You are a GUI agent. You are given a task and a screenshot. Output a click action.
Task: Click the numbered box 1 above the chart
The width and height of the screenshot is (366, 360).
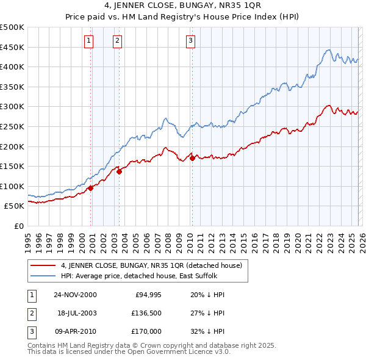pyautogui.click(x=89, y=41)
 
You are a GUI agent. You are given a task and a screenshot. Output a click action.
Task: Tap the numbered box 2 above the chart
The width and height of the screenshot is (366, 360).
pyautogui.click(x=117, y=41)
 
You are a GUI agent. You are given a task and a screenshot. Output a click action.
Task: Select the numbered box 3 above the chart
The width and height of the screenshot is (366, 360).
pyautogui.click(x=190, y=41)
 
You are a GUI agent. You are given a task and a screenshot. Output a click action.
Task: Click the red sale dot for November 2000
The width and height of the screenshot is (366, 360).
pyautogui.click(x=90, y=188)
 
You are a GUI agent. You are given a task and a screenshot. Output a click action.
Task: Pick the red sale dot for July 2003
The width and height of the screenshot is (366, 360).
pyautogui.click(x=119, y=171)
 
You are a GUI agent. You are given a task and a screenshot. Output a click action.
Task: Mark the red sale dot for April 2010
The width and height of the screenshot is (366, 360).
pyautogui.click(x=192, y=158)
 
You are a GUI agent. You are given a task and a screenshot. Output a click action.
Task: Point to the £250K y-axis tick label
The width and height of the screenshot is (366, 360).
pyautogui.click(x=12, y=126)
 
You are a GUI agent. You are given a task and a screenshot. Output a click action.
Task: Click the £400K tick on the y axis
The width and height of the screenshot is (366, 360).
pyautogui.click(x=12, y=67)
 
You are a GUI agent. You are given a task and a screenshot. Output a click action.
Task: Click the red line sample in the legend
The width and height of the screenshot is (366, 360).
pyautogui.click(x=43, y=265)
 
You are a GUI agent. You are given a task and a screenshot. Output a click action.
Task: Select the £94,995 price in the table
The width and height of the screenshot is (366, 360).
pyautogui.click(x=148, y=295)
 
